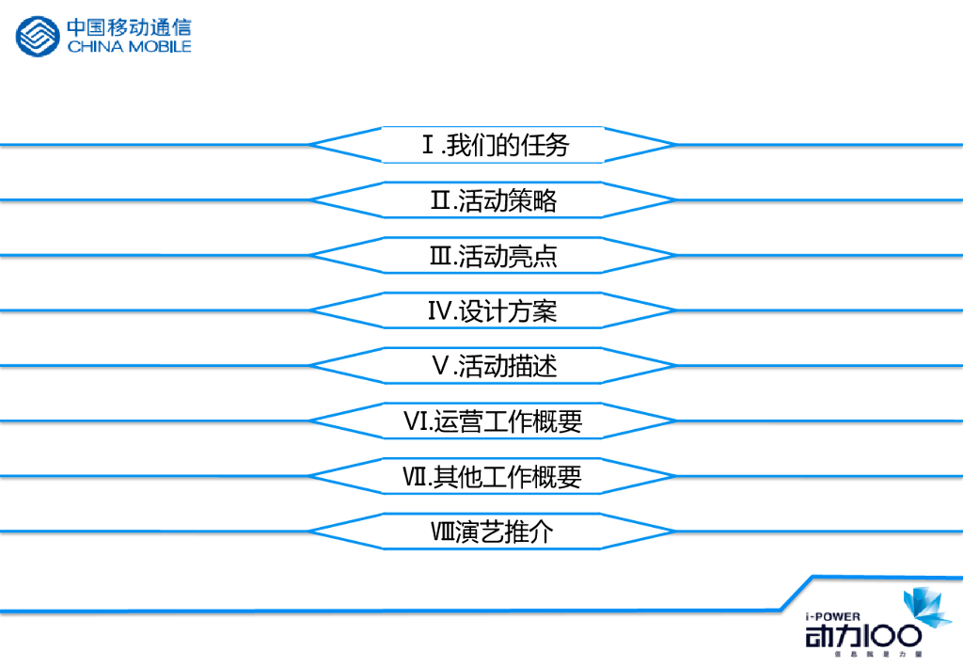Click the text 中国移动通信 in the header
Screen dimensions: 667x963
tap(129, 27)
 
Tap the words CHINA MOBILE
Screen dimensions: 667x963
tap(129, 47)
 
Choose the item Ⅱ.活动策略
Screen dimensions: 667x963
tap(494, 200)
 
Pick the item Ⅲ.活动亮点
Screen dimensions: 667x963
tap(494, 255)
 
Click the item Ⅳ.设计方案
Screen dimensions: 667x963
tap(494, 310)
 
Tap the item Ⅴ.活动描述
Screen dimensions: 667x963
tap(494, 365)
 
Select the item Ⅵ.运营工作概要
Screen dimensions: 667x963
tap(494, 421)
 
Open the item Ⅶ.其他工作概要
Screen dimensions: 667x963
tap(494, 477)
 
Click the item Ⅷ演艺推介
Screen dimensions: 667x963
tap(494, 532)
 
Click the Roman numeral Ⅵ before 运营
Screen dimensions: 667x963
tap(417, 421)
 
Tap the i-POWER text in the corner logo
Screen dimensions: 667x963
tap(833, 615)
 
